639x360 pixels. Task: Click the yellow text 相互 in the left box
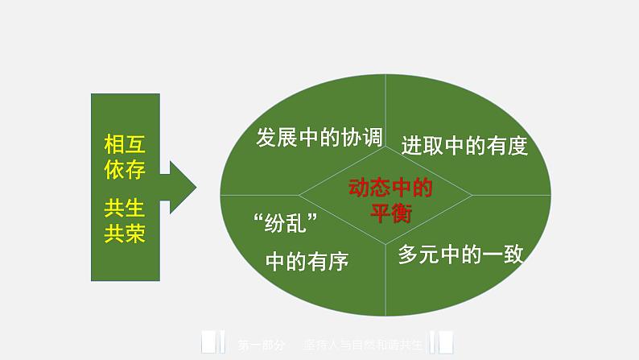click(x=125, y=145)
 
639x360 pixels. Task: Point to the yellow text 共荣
click(x=125, y=234)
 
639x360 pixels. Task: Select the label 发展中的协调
click(x=318, y=137)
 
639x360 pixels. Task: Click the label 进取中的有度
click(x=464, y=146)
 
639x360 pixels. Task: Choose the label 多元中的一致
click(x=461, y=255)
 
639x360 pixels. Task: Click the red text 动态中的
click(x=390, y=188)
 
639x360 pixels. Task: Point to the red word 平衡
click(x=390, y=213)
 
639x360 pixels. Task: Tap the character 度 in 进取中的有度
click(x=517, y=146)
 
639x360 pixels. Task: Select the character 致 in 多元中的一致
click(x=513, y=255)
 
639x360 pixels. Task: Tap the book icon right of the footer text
click(x=442, y=343)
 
